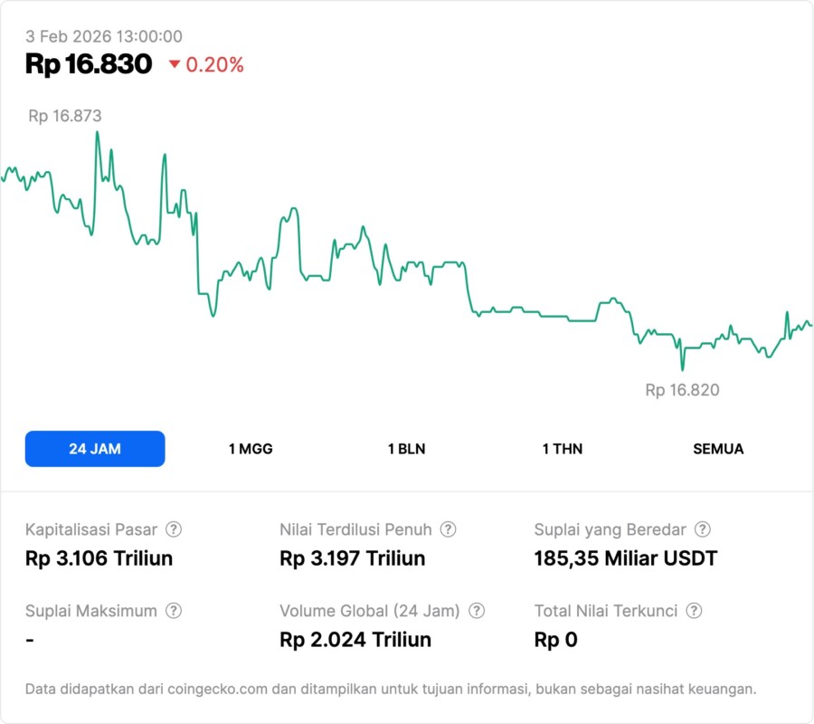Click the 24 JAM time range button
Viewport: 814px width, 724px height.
[95, 449]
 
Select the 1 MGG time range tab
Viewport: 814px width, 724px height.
[251, 449]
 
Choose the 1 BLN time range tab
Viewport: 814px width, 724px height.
[406, 449]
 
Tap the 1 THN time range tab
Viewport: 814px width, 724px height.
[563, 449]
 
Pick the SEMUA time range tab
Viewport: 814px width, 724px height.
[718, 449]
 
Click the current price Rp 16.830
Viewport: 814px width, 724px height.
[89, 64]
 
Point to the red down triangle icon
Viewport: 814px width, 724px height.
[174, 65]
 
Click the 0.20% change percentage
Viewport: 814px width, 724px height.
[214, 65]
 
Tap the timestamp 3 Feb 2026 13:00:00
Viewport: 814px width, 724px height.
[104, 36]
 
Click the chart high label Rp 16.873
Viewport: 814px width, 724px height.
[64, 116]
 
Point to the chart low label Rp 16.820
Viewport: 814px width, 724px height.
[682, 390]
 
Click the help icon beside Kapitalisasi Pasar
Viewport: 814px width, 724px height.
[174, 529]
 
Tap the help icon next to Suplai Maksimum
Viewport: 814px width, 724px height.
[174, 611]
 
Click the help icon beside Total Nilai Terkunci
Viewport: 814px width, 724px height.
[694, 611]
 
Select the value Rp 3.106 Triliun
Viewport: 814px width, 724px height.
[99, 558]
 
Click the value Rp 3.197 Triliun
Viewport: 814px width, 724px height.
[352, 558]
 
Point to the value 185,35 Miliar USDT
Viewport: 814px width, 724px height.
[625, 558]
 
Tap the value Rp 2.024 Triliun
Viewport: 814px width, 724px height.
[355, 640]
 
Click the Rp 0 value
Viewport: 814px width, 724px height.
[555, 640]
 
